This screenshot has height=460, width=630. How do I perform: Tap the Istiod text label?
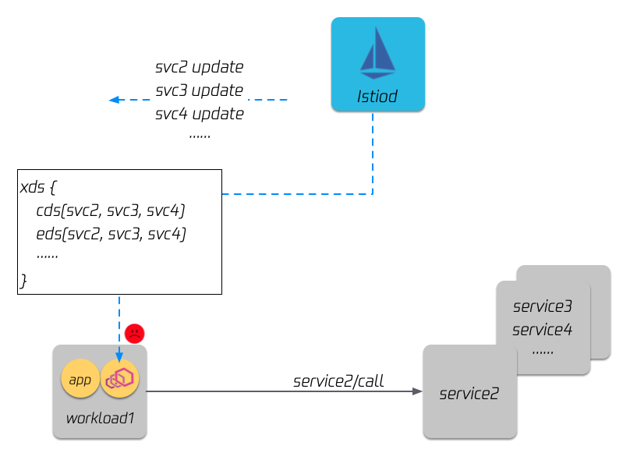tap(377, 97)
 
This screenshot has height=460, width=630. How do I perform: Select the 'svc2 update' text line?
tap(200, 66)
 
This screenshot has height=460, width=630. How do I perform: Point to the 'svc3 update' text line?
tap(200, 90)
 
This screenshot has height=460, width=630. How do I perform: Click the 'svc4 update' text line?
tap(200, 114)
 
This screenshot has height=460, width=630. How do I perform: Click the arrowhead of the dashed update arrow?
tap(114, 100)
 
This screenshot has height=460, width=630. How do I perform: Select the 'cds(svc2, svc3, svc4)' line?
tap(111, 211)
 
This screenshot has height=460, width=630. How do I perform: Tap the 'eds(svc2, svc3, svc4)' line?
tap(111, 234)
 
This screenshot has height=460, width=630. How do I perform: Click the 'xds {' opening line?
tap(38, 189)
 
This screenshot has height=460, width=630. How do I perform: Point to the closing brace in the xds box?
tap(23, 280)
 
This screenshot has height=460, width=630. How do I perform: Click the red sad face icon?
tap(135, 333)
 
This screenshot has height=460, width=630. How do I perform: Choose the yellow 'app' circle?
tap(80, 380)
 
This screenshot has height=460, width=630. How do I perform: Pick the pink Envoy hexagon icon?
tap(120, 379)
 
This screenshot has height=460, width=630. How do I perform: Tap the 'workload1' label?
tap(100, 418)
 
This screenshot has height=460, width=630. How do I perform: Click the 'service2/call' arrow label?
tap(338, 381)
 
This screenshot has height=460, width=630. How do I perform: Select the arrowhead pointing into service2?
tap(417, 391)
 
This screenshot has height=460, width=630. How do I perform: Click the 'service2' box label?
tap(469, 394)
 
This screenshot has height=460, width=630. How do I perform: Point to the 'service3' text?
tap(543, 306)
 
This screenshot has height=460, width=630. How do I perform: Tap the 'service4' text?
tap(543, 330)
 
